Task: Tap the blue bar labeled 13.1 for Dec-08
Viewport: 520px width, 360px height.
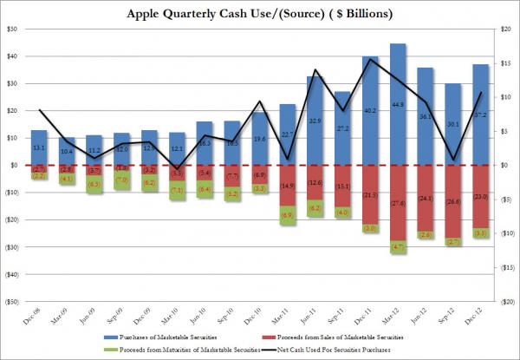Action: tap(39, 147)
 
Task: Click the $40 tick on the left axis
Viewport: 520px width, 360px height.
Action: tap(12, 56)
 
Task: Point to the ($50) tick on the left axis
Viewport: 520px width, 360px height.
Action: tap(12, 301)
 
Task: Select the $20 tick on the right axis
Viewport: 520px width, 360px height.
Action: tap(505, 29)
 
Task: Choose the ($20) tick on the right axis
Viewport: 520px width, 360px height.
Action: tap(505, 301)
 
